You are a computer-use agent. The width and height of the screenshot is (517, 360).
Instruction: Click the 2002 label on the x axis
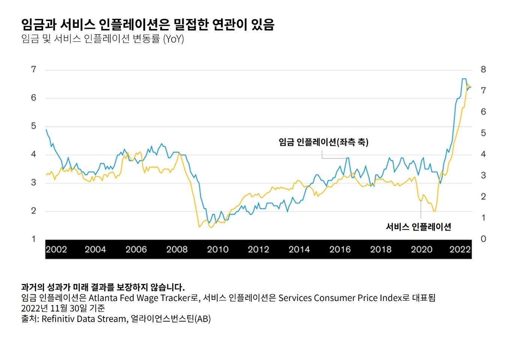click(x=56, y=250)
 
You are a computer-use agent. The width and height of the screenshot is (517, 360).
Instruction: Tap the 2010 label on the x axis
click(x=218, y=250)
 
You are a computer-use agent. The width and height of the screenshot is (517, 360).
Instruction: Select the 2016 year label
click(x=340, y=250)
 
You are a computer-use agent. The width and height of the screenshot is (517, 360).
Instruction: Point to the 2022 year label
click(x=460, y=250)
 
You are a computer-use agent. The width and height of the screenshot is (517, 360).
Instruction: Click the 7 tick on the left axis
click(x=34, y=70)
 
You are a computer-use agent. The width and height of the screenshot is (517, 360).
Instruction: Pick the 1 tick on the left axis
click(x=34, y=239)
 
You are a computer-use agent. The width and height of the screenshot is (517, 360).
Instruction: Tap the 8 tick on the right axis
click(x=483, y=70)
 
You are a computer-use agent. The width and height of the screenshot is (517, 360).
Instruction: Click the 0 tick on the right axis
click(x=483, y=239)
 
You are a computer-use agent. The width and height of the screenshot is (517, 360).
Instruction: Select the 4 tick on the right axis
click(x=483, y=154)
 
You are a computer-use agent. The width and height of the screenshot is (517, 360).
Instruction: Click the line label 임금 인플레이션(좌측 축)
click(x=323, y=142)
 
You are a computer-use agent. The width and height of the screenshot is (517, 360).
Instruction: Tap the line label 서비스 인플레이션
click(x=418, y=227)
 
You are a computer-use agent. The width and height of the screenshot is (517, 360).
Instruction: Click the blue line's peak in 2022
click(x=464, y=79)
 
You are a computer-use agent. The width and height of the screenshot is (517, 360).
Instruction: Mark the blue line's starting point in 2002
click(x=46, y=130)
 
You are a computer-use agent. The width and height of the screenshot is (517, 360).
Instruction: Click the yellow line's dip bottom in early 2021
click(x=434, y=211)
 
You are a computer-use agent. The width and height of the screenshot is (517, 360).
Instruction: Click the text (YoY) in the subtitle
click(x=173, y=39)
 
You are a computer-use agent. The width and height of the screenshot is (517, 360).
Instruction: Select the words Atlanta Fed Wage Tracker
click(x=139, y=298)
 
